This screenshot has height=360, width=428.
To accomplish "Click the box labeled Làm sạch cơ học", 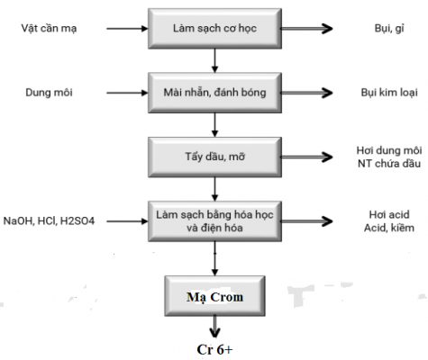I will (214, 30).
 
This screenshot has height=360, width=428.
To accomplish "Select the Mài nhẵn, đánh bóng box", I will (214, 91).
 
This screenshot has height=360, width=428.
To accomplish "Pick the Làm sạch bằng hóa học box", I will (214, 221).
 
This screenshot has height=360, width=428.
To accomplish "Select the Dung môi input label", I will (37, 91).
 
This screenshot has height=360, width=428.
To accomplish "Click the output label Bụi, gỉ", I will (383, 30).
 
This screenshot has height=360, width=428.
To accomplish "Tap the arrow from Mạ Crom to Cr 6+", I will (214, 326).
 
